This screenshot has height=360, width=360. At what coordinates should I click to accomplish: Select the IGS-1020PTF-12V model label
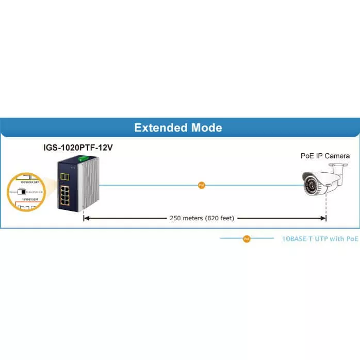click(x=78, y=148)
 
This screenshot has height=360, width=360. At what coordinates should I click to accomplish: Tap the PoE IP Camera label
click(x=325, y=156)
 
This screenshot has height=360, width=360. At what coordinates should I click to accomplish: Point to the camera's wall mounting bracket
click(x=338, y=170)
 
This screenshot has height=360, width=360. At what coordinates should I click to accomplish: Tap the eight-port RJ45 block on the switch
click(x=68, y=196)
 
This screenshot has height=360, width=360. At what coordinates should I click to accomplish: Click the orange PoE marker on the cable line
click(x=202, y=185)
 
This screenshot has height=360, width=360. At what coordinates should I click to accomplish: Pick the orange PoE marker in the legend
click(x=247, y=239)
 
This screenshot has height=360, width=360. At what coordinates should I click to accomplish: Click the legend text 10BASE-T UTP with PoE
click(x=320, y=239)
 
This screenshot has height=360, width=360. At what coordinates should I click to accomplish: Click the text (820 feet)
click(x=221, y=218)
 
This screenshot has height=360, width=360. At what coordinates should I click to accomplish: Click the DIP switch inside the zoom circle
click(x=22, y=192)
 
